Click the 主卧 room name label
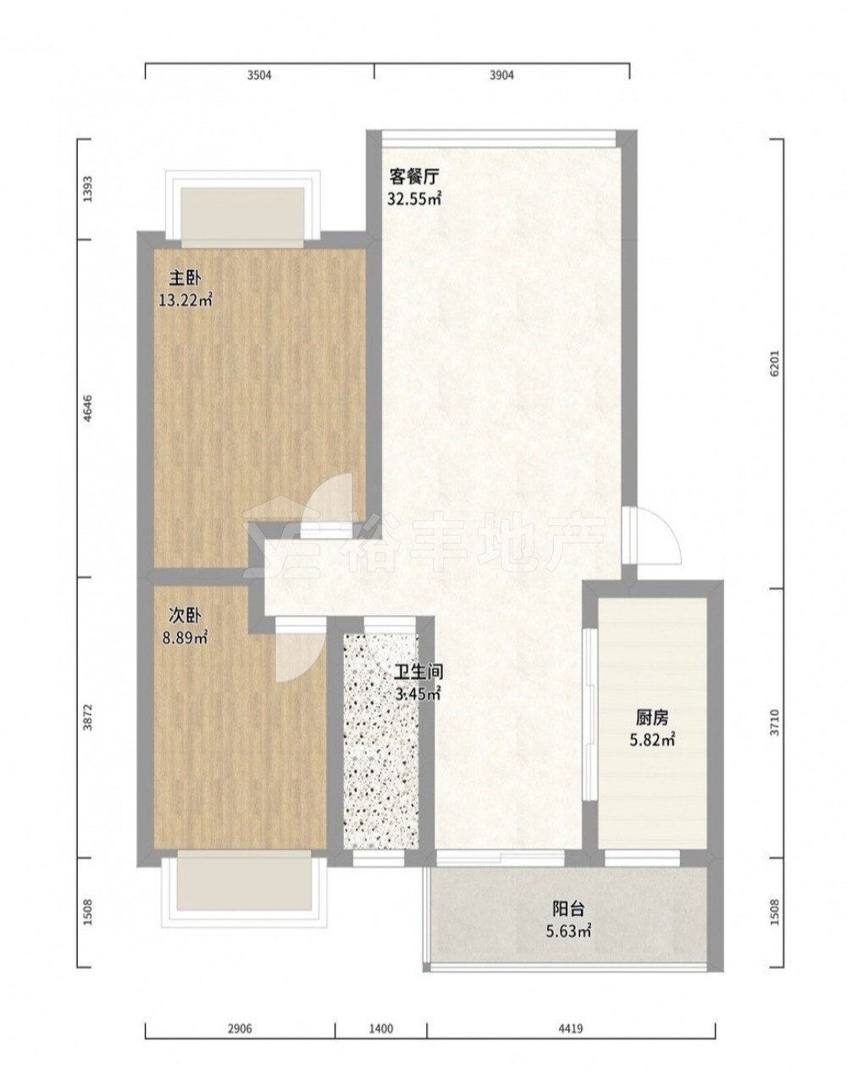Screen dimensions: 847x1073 point(185,279)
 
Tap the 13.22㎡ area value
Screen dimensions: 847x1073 point(185,300)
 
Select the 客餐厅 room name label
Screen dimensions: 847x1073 point(414,176)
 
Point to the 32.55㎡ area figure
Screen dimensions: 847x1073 point(414,199)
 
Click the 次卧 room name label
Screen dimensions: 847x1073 point(185,617)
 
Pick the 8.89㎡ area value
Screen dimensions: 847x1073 point(185,639)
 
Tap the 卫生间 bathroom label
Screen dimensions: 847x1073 point(418,673)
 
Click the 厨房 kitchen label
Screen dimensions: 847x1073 point(652,718)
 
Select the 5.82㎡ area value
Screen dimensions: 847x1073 point(652,740)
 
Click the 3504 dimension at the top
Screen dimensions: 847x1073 point(259,75)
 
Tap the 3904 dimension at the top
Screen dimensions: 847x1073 point(501,75)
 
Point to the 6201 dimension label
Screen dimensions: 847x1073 point(774,363)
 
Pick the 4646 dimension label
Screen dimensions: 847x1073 point(88,408)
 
